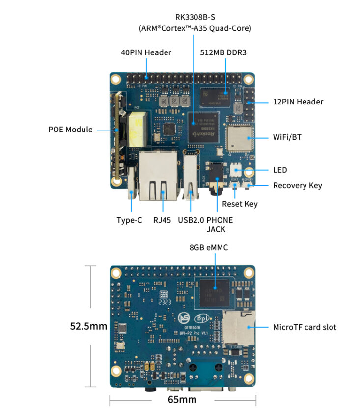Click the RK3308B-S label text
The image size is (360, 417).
coord(195,18)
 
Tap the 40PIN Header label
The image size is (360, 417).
coord(146,52)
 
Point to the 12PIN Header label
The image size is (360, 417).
coord(298,102)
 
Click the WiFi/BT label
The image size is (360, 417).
coord(287,137)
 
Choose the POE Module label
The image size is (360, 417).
coord(70,130)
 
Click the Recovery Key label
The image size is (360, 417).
coord(297,185)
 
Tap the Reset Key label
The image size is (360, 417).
coord(240,204)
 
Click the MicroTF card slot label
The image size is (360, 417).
coord(305,327)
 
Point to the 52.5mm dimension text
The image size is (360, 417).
coord(88,326)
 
